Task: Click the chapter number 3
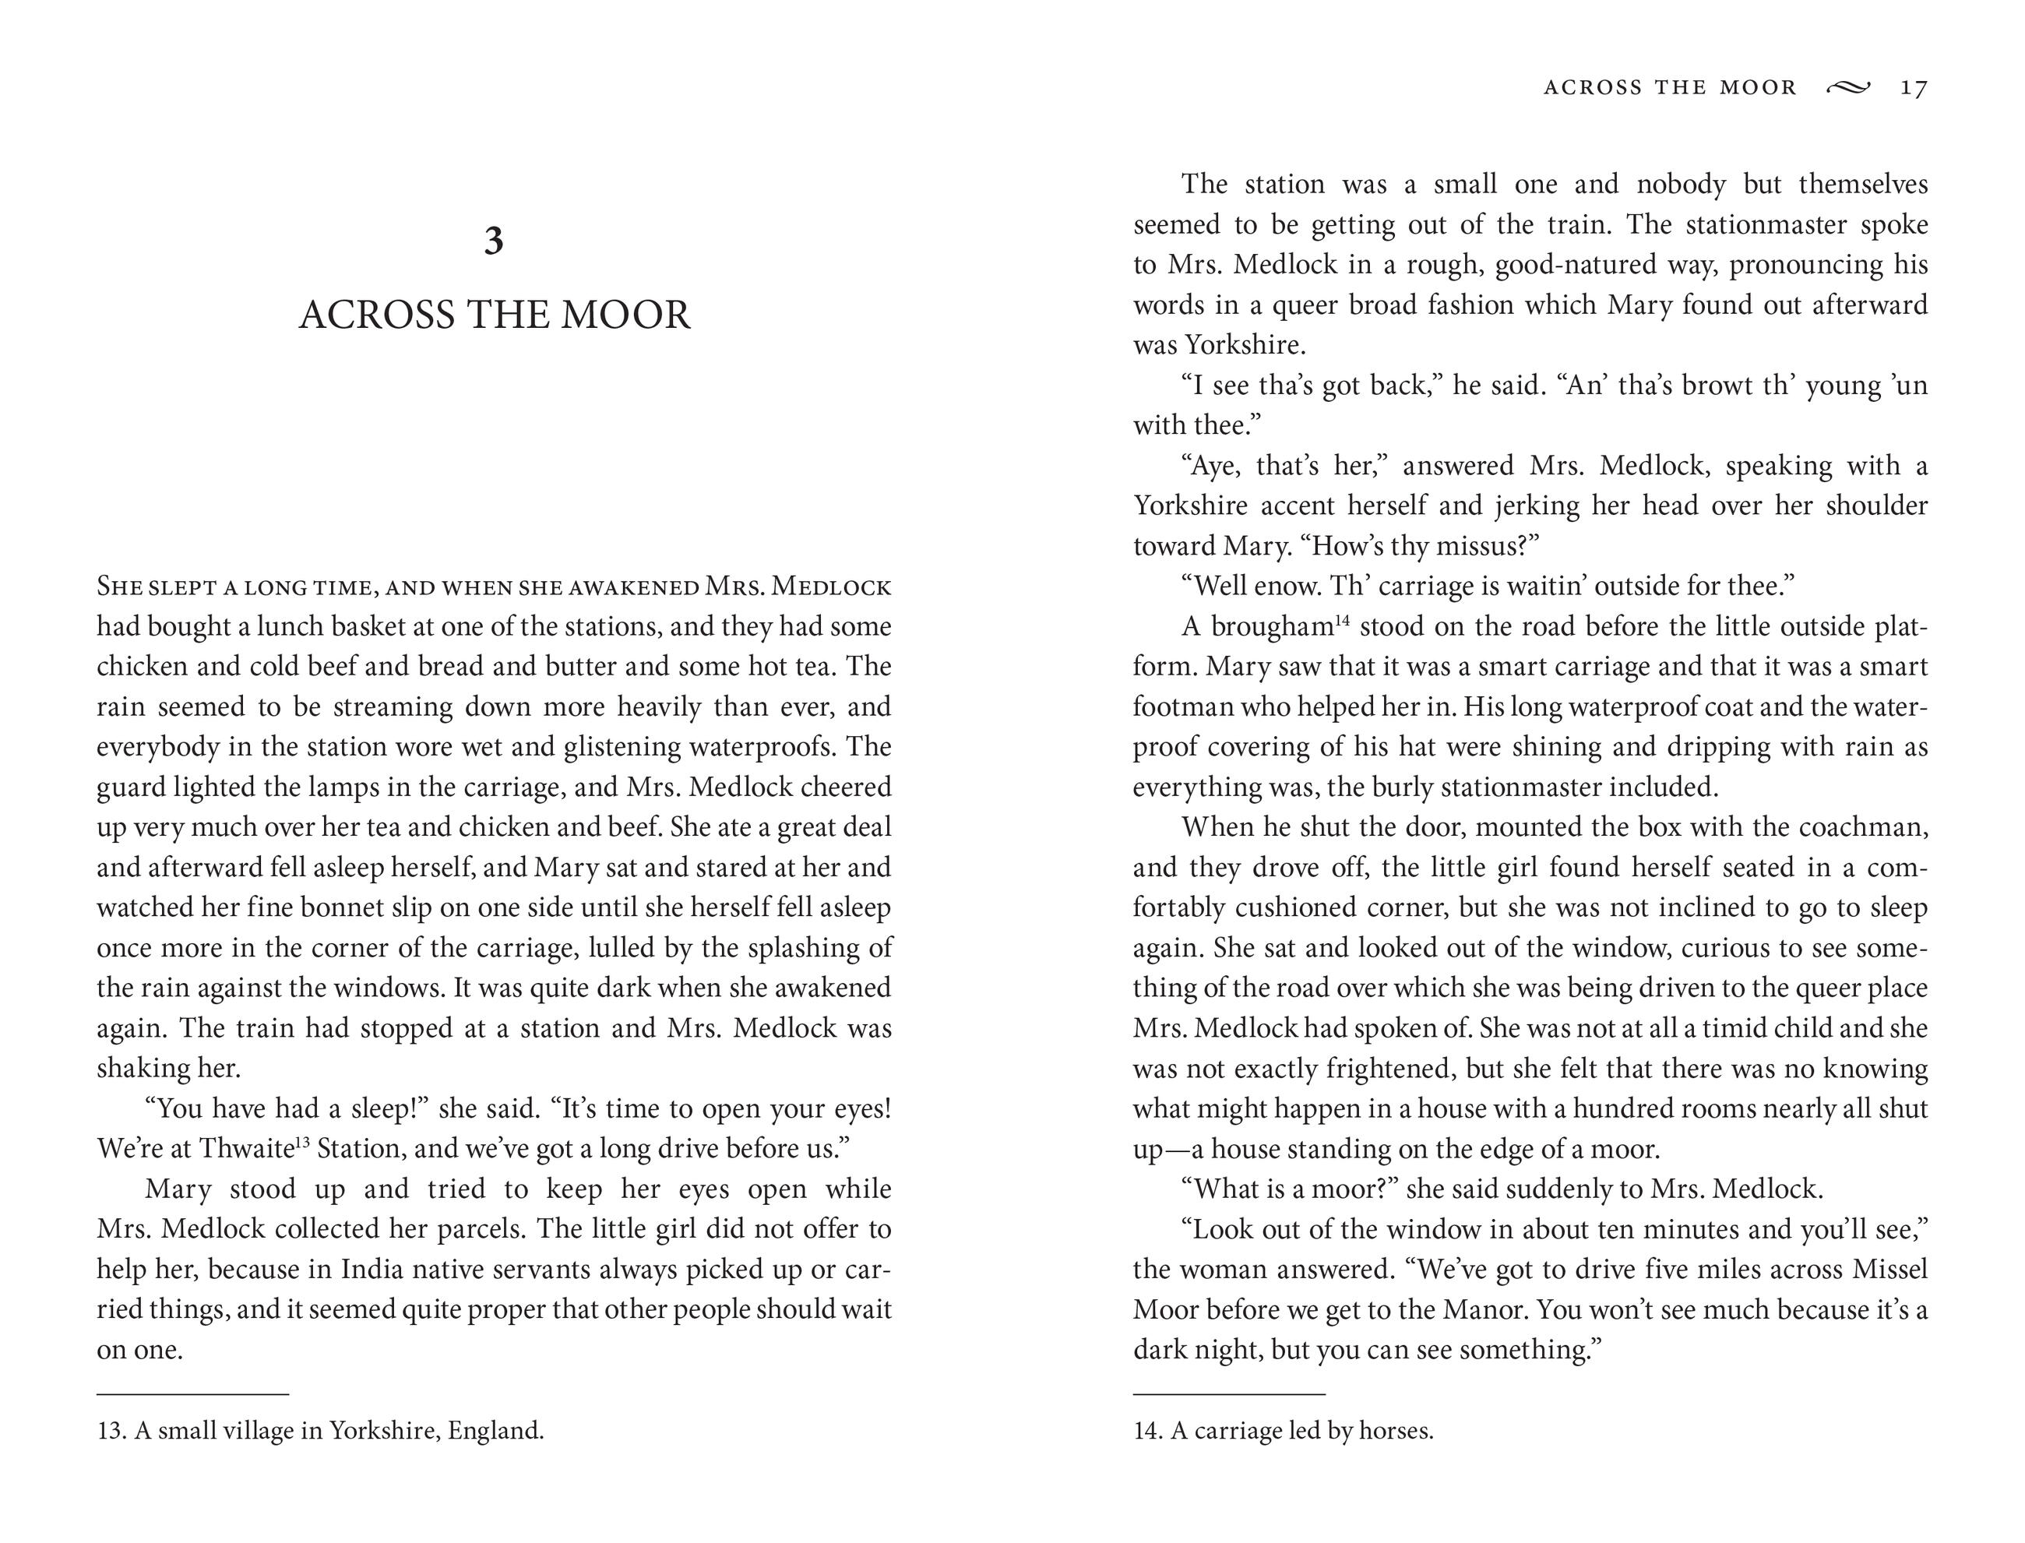pyautogui.click(x=494, y=241)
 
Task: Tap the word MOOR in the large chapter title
pyautogui.click(x=625, y=315)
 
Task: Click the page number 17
pyautogui.click(x=1914, y=87)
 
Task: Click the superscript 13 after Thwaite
pyautogui.click(x=302, y=1142)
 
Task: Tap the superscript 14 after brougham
pyautogui.click(x=1343, y=620)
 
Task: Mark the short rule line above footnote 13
pyautogui.click(x=193, y=1394)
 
